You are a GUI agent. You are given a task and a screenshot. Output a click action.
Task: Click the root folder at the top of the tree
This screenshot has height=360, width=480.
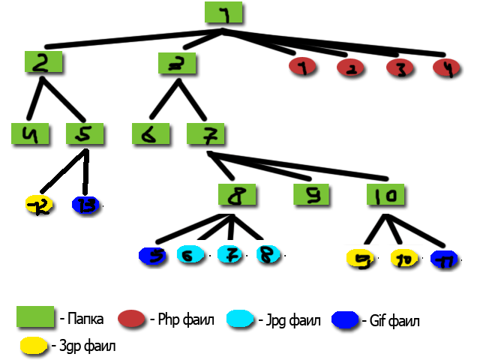pyautogui.click(x=224, y=13)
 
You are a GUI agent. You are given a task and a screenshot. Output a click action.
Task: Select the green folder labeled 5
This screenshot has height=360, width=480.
pyautogui.click(x=85, y=135)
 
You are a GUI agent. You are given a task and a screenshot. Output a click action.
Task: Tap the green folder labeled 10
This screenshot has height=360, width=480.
pyautogui.click(x=387, y=196)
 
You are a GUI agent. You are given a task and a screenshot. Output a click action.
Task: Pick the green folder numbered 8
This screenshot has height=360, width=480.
pyautogui.click(x=238, y=196)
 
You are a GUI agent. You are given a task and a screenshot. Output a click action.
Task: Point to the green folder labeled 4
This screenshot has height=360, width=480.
pyautogui.click(x=31, y=135)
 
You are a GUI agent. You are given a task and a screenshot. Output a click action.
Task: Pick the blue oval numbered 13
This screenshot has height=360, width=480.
pyautogui.click(x=85, y=204)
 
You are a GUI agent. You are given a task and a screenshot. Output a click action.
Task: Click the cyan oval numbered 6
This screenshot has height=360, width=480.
pyautogui.click(x=191, y=256)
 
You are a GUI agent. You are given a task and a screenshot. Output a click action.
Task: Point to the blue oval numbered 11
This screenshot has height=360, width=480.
pyautogui.click(x=447, y=259)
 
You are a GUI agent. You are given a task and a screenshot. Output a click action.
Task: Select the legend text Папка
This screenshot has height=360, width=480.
pyautogui.click(x=84, y=319)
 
